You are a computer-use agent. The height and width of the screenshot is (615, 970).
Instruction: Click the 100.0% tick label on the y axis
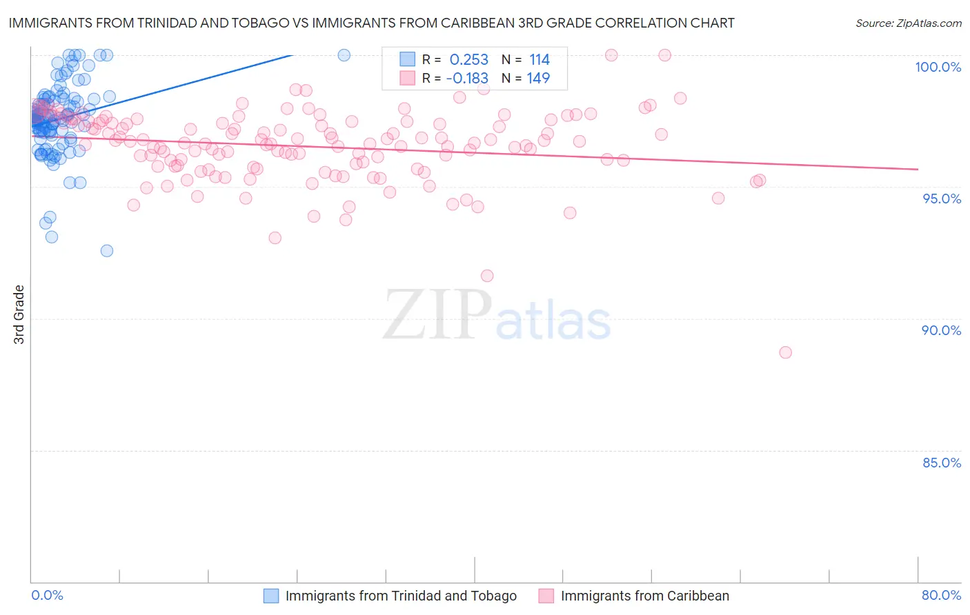[x=938, y=67]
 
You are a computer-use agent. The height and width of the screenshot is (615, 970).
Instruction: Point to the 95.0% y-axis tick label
[x=942, y=199]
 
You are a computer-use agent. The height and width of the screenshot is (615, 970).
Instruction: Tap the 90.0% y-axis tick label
[x=941, y=330]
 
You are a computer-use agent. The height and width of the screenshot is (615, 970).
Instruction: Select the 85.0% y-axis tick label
[x=942, y=463]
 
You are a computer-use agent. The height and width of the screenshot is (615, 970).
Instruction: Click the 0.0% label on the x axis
[x=47, y=595]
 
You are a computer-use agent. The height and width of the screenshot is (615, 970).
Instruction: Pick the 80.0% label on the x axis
[x=941, y=595]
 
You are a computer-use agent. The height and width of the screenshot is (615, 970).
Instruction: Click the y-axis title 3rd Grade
[x=19, y=314]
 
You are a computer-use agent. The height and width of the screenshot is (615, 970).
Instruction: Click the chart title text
[x=371, y=23]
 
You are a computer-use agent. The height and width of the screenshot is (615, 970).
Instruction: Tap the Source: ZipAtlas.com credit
[x=908, y=23]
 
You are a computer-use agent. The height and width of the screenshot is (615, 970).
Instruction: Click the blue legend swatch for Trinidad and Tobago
[x=271, y=596]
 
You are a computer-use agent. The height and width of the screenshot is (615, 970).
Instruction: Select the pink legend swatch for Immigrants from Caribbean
[x=546, y=596]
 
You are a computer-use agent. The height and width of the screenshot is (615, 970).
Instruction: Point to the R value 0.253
[x=468, y=60]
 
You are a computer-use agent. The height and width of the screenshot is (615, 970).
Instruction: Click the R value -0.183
[x=467, y=79]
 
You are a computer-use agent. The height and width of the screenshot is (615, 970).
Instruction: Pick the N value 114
[x=539, y=60]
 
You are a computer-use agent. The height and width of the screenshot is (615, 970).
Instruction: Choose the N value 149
[x=538, y=79]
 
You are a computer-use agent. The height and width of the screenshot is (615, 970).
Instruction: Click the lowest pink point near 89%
[x=785, y=352]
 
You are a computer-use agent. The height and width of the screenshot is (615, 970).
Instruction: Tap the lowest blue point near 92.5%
[x=107, y=251]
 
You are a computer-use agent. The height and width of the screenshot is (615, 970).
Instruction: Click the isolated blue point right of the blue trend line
[x=344, y=55]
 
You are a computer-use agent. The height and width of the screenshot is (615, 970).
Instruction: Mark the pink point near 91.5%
[x=487, y=276]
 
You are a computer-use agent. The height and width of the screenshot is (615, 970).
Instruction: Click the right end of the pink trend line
[x=918, y=169]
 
